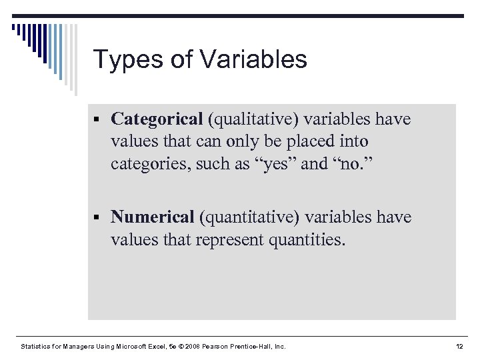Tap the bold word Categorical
pos(157,119)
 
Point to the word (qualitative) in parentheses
pos(253,119)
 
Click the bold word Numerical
pos(153,217)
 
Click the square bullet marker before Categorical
pos(97,120)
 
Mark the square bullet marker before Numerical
pos(97,218)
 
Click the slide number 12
pos(459,347)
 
